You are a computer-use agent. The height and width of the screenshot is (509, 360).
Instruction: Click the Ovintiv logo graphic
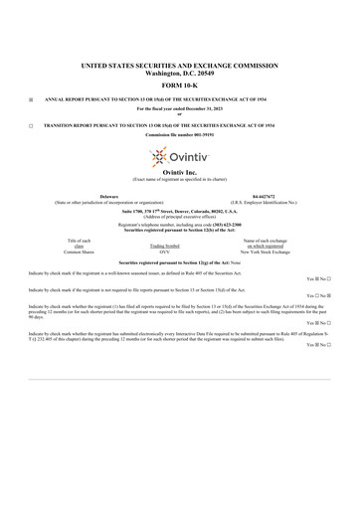(179, 157)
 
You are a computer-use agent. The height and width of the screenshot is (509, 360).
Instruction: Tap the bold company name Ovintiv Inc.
(179, 173)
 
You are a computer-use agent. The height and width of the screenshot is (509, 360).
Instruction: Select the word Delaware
(89, 197)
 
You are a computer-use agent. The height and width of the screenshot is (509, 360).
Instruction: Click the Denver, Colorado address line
(179, 212)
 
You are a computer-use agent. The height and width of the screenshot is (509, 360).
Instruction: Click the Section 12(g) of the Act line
(179, 261)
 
